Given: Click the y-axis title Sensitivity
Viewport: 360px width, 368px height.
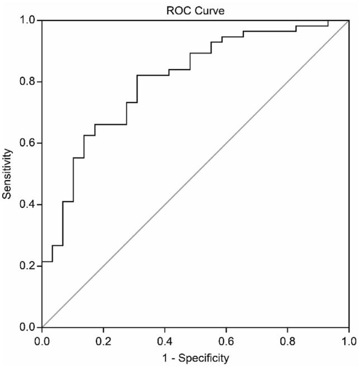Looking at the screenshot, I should point(8,174).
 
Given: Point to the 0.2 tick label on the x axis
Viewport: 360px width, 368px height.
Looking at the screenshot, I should point(103,338).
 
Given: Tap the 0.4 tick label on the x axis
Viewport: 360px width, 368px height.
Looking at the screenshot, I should point(165,338).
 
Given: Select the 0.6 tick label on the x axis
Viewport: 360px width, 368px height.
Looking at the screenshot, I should point(226,338).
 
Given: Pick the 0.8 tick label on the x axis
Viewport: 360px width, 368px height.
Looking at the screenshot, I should point(287,338).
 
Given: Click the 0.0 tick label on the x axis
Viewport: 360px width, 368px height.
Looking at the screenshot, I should point(42,338).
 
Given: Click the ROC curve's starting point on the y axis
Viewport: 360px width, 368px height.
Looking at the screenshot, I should point(42,262).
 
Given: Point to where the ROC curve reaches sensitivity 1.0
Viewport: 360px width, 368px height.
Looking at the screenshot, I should point(328,21).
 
